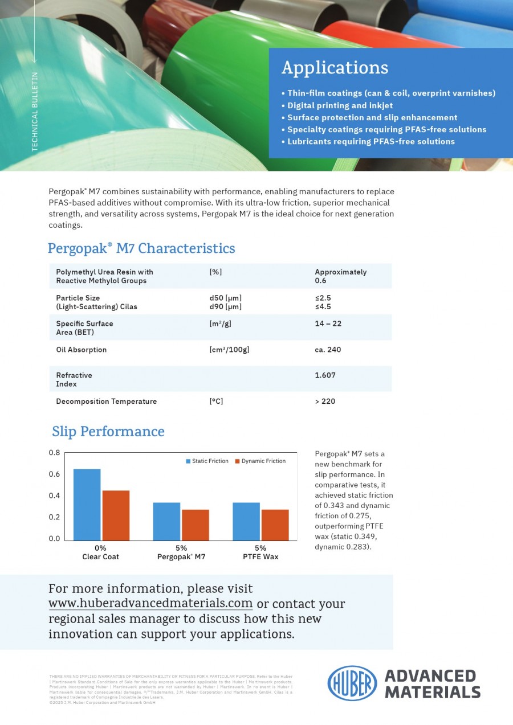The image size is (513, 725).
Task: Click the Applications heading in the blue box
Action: tap(335, 68)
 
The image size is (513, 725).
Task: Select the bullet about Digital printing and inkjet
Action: tap(340, 105)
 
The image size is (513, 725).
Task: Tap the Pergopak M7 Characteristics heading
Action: tap(141, 248)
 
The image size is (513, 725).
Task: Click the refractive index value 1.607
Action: tap(325, 375)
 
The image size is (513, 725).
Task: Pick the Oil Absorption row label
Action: tap(81, 350)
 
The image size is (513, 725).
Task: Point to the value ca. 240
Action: tap(328, 350)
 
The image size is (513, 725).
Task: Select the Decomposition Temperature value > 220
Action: tap(325, 402)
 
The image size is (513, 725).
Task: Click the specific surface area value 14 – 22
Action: tap(328, 323)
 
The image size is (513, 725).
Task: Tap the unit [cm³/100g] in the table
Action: tap(229, 350)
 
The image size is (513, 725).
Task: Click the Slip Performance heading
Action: tap(108, 432)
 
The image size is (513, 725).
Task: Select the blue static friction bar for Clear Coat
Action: tap(87, 505)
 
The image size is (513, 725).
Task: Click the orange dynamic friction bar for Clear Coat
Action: tap(116, 515)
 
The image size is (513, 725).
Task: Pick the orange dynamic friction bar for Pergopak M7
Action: tap(196, 525)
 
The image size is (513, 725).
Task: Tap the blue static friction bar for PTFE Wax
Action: tap(246, 521)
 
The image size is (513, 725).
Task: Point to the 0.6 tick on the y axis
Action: tap(54, 474)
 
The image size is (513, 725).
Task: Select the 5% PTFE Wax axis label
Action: tap(260, 552)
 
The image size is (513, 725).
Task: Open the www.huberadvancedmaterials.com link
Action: tap(150, 604)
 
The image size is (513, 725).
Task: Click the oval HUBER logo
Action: tap(352, 683)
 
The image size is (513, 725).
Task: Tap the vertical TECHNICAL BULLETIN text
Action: tap(35, 111)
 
